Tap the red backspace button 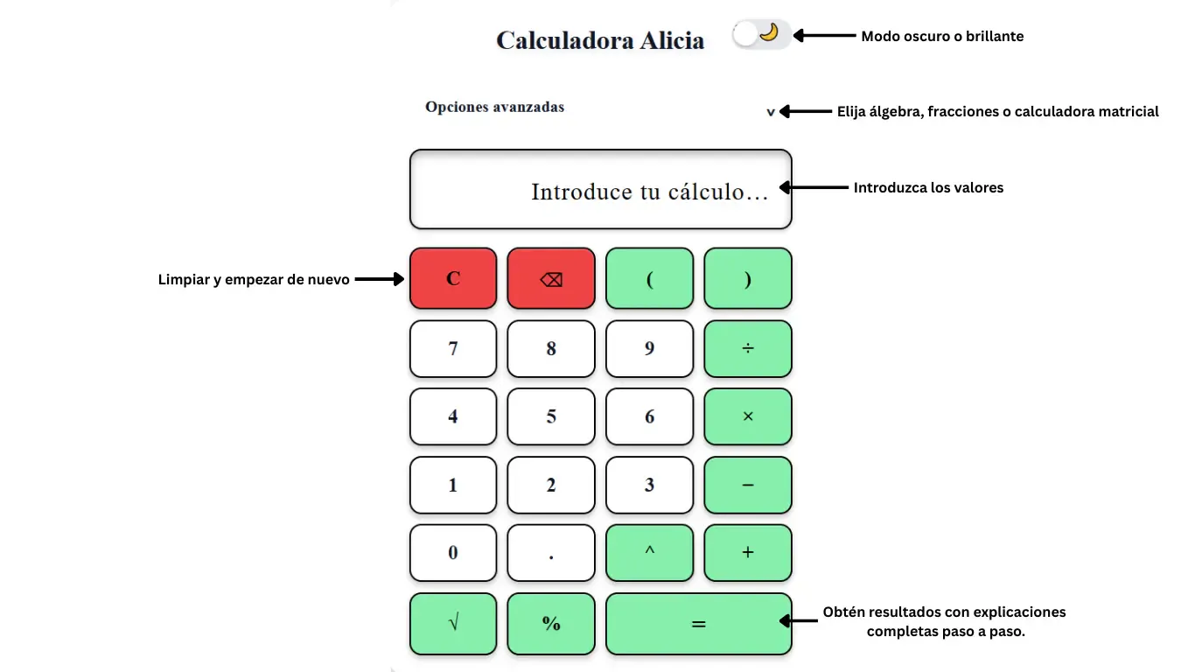(551, 278)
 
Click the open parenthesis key (649, 278)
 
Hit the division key (747, 348)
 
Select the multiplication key (747, 416)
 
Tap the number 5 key (551, 416)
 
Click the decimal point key (551, 552)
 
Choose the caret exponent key (649, 552)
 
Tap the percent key (551, 623)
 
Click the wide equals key (698, 623)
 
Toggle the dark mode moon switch (761, 35)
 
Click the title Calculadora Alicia (600, 40)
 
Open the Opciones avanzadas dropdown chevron (771, 112)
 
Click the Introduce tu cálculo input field (601, 189)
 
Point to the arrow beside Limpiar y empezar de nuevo (380, 278)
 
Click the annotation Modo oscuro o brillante (942, 36)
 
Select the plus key (747, 552)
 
